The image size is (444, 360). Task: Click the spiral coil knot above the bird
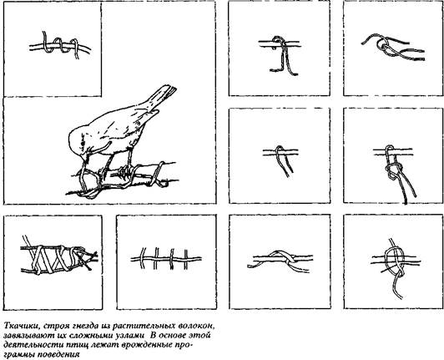60,45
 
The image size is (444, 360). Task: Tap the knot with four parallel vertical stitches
166,259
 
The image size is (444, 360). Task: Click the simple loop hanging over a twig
280,160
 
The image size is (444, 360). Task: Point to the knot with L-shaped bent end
280,54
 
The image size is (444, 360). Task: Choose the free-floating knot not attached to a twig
393,48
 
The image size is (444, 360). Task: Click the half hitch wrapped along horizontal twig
280,261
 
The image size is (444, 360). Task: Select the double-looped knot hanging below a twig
395,173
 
